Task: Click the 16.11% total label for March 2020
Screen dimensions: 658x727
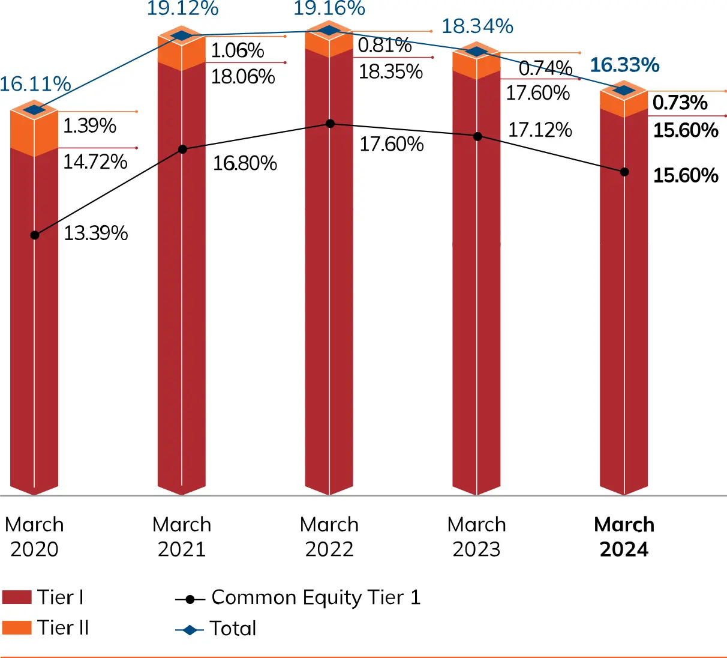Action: click(x=35, y=84)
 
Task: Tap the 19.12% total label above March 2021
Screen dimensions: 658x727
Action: click(x=182, y=8)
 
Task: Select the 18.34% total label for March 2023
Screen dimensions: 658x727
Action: click(x=477, y=26)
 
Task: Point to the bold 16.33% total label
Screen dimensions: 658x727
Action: click(x=624, y=65)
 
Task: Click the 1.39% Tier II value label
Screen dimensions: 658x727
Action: click(x=89, y=125)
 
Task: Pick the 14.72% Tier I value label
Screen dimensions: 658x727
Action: click(x=95, y=161)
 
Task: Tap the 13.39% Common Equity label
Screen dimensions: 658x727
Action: click(x=96, y=233)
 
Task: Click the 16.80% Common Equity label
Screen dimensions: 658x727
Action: click(x=245, y=163)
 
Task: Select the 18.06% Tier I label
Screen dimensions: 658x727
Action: click(x=243, y=76)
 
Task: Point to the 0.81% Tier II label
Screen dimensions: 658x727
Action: click(x=384, y=45)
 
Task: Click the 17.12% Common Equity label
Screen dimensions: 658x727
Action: click(x=540, y=130)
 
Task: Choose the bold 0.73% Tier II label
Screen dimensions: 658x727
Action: click(x=680, y=103)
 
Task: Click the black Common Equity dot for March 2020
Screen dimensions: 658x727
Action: click(x=35, y=235)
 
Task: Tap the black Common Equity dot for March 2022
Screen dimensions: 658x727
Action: click(x=330, y=124)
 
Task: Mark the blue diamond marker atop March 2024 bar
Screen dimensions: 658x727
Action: click(x=624, y=91)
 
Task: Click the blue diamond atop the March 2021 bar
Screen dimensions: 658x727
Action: click(x=182, y=36)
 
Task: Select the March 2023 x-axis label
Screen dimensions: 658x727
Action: click(x=477, y=537)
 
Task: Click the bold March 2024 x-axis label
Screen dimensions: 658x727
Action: click(x=624, y=537)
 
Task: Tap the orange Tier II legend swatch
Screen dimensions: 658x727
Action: click(x=17, y=628)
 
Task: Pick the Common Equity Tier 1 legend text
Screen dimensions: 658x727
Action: click(x=316, y=597)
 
